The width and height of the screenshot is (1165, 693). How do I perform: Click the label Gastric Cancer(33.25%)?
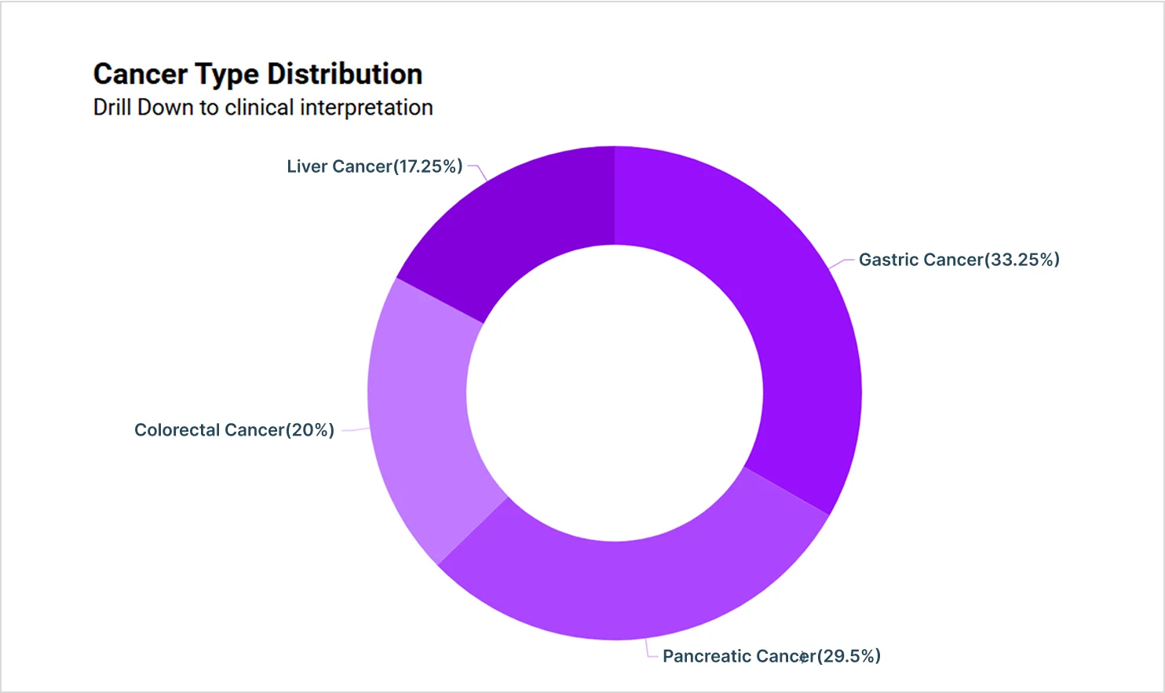[959, 260]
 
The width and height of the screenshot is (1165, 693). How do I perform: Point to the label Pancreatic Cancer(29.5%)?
[771, 656]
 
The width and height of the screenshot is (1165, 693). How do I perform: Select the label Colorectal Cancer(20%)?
[234, 430]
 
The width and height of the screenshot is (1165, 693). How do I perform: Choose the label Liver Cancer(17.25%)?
[374, 166]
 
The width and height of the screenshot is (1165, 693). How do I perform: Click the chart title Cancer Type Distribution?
[257, 74]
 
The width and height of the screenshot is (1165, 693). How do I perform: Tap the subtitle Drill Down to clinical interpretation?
[263, 108]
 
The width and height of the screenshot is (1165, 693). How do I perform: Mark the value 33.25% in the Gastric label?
[1021, 260]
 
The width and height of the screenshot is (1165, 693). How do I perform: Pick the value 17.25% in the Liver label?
[427, 166]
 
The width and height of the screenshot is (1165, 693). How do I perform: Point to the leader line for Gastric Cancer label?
[842, 262]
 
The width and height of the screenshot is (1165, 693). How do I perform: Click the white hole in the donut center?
[615, 392]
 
